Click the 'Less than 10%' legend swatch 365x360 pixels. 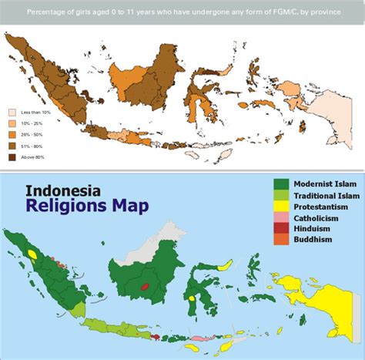(12, 112)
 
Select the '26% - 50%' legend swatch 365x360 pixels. (12, 135)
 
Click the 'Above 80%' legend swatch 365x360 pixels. (12, 157)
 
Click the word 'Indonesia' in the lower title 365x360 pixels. (63, 191)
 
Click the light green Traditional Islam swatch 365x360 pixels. (280, 196)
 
